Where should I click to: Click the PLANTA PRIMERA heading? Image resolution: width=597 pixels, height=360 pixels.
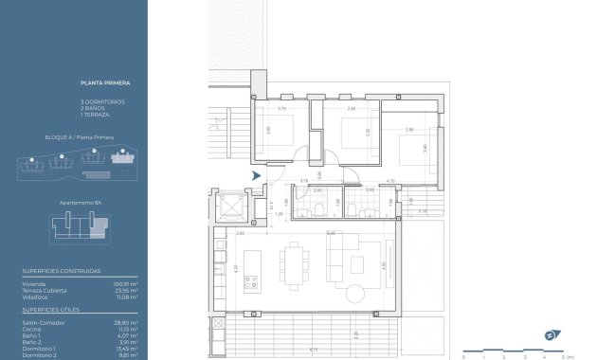pos(99,85)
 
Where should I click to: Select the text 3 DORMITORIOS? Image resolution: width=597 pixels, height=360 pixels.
pos(102,101)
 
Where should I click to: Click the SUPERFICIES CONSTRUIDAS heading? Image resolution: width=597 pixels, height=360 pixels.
pos(61,271)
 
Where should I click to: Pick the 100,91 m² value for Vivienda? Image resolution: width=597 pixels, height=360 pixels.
pos(126,283)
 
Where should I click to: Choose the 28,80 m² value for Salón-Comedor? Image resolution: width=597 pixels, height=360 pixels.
pos(126,323)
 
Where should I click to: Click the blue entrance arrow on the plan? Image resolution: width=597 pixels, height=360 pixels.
pos(255,175)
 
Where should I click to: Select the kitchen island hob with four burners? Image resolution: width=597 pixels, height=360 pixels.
pos(252,280)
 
